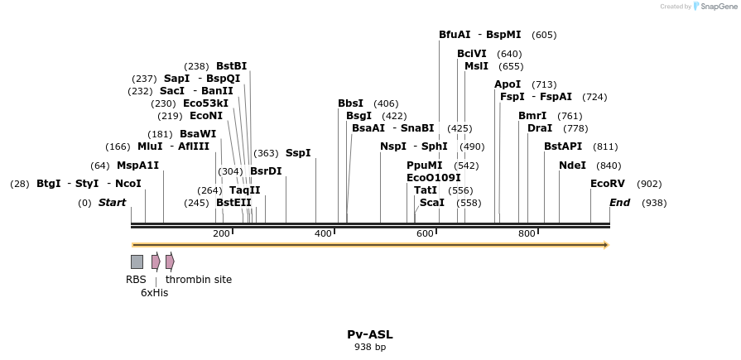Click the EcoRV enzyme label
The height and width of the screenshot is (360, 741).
click(x=608, y=184)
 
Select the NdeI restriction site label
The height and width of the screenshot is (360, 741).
click(x=572, y=166)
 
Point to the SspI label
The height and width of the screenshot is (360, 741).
click(x=298, y=153)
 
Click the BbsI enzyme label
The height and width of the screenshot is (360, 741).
click(x=350, y=103)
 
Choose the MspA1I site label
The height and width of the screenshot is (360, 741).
click(x=137, y=166)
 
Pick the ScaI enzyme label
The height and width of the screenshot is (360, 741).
click(x=432, y=203)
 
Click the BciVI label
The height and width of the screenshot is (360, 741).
click(x=472, y=54)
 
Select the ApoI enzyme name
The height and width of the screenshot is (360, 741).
click(x=508, y=84)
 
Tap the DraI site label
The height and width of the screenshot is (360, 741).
click(x=540, y=128)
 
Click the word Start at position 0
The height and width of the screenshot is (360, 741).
click(x=113, y=203)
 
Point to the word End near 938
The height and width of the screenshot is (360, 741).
click(x=620, y=203)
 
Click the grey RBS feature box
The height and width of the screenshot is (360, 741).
click(x=137, y=262)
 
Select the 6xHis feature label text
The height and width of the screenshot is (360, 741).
click(x=154, y=293)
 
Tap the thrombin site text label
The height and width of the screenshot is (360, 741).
click(x=199, y=280)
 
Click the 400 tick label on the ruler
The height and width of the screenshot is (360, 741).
click(x=323, y=234)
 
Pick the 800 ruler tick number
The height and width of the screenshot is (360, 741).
click(x=527, y=234)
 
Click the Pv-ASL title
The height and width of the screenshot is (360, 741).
click(x=370, y=334)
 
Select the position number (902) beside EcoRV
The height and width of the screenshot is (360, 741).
click(x=650, y=184)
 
